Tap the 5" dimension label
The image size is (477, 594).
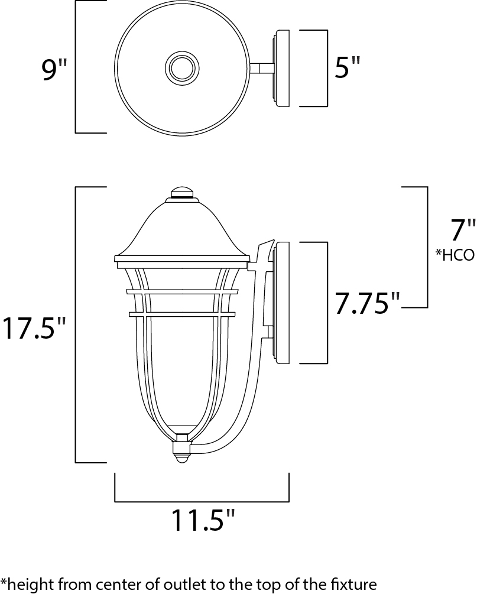pos(346,67)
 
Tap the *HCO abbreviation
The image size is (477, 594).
pos(455,255)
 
